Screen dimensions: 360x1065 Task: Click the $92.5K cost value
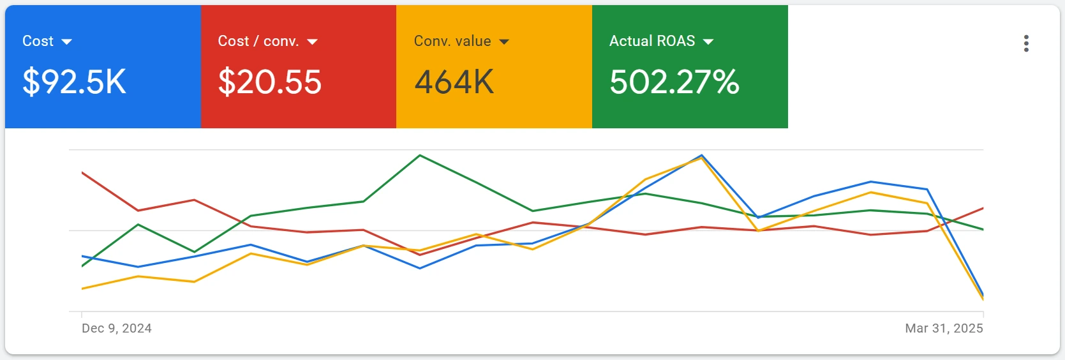(x=74, y=82)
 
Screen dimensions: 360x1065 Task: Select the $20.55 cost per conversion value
(x=269, y=82)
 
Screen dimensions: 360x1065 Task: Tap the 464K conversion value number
(x=454, y=82)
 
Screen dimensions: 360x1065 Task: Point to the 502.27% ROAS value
(x=674, y=82)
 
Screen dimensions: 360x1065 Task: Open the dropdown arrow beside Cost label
(x=66, y=42)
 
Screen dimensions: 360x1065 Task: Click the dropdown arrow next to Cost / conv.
(x=312, y=42)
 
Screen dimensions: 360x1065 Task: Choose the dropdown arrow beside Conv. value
(x=504, y=42)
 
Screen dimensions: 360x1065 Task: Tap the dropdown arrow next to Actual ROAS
(x=708, y=42)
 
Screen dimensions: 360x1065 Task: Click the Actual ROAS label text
(x=652, y=41)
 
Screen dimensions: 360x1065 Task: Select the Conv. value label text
(x=452, y=41)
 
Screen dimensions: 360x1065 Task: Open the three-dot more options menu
(x=1026, y=43)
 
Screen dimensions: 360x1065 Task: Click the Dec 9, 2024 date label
(x=117, y=328)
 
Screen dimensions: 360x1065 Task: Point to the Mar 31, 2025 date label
(x=944, y=328)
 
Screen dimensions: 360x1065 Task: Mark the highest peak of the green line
(x=420, y=155)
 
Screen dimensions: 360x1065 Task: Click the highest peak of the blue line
(x=702, y=155)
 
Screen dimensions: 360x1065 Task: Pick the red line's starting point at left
(x=82, y=173)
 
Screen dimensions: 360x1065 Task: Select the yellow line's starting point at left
(x=82, y=289)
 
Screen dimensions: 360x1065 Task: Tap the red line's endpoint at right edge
(x=983, y=208)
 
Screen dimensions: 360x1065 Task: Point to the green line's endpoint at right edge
(x=983, y=229)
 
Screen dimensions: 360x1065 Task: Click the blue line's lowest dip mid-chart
(x=420, y=268)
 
